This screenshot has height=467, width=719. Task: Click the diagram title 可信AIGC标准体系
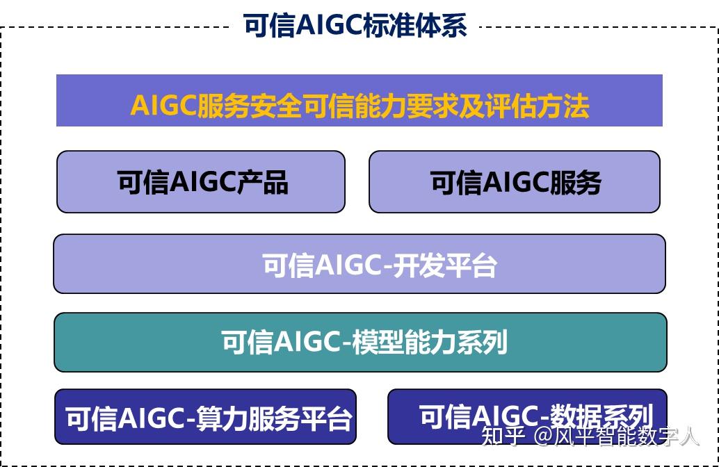tap(355, 25)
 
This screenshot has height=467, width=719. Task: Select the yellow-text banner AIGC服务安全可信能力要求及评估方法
tap(359, 100)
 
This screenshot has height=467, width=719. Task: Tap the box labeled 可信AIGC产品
tap(201, 182)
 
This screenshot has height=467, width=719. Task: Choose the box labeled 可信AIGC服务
tap(515, 182)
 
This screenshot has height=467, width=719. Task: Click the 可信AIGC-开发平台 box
tap(359, 264)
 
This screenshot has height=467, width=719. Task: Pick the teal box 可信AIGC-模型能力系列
tap(360, 343)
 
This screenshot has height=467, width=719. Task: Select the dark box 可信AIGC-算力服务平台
tap(205, 416)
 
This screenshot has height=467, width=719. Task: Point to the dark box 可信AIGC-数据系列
tap(527, 416)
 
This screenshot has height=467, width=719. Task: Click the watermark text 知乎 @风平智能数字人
tap(590, 436)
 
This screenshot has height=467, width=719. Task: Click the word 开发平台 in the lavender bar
tap(445, 265)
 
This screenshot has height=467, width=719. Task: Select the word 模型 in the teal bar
tap(378, 342)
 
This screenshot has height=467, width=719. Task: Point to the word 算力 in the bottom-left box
tap(222, 418)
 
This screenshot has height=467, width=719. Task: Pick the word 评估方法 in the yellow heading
tap(538, 106)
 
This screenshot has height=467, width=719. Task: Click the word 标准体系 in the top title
tap(415, 25)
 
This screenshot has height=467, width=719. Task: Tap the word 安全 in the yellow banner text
tap(276, 106)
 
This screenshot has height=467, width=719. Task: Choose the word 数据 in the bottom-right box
tap(576, 416)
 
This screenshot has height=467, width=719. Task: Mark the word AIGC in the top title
tap(328, 25)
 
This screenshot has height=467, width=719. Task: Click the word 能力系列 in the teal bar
tap(455, 342)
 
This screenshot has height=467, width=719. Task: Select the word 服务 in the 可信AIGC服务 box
tap(576, 182)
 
